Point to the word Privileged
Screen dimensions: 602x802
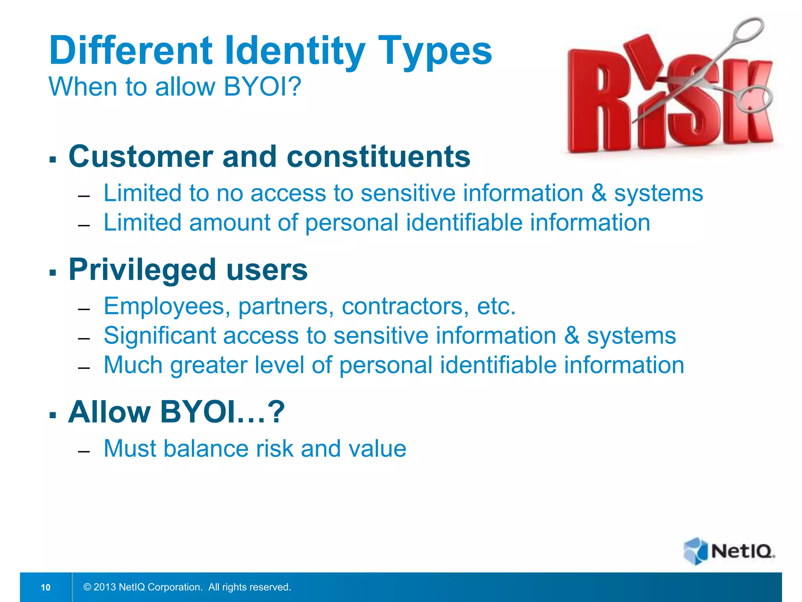(x=142, y=270)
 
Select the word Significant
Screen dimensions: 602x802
(x=159, y=336)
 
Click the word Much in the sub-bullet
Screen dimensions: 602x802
(x=133, y=365)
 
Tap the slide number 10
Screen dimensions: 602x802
(x=45, y=587)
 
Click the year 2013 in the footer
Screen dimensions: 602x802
(x=105, y=587)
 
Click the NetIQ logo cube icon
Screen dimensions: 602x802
(x=695, y=551)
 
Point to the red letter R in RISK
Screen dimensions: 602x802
(x=597, y=102)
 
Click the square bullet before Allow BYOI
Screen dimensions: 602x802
(x=53, y=415)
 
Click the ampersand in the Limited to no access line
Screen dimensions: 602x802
(x=599, y=194)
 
